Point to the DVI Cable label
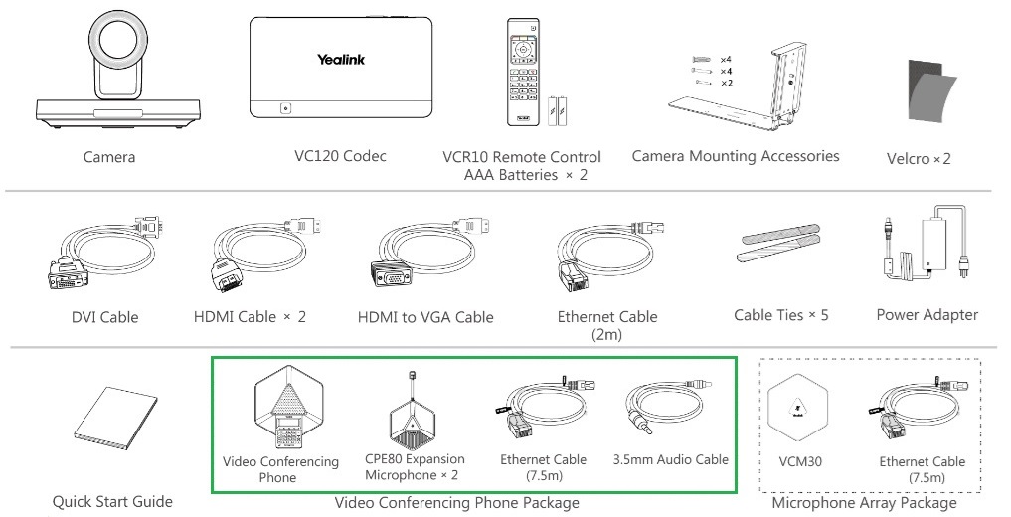(x=97, y=318)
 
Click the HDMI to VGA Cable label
(x=425, y=318)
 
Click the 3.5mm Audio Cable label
(x=679, y=459)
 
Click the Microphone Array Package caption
(x=864, y=503)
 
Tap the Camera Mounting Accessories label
(x=735, y=156)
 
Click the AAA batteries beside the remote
(x=559, y=106)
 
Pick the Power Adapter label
(x=927, y=315)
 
